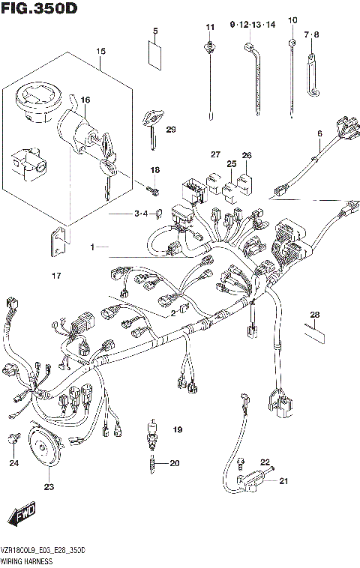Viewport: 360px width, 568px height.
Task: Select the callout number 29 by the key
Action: click(x=170, y=130)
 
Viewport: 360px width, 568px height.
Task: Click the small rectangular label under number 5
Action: click(x=155, y=55)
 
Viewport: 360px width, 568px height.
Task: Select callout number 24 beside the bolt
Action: click(x=13, y=462)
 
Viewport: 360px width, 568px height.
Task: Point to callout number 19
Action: click(x=177, y=429)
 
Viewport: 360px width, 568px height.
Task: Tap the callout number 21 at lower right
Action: click(x=283, y=481)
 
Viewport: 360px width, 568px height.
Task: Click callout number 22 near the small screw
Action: click(x=265, y=462)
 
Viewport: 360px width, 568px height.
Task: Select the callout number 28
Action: click(x=315, y=314)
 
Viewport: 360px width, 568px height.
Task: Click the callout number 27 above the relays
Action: click(x=215, y=154)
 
